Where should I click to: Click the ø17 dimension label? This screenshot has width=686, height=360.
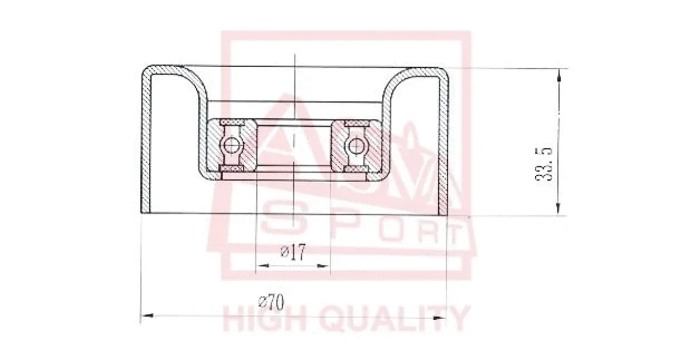coord(293,252)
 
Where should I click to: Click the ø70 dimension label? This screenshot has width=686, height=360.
coord(271,302)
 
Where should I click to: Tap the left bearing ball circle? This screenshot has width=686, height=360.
coord(232,144)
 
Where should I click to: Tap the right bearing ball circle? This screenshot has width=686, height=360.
coord(356,146)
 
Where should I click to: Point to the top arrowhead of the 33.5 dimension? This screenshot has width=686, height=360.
coord(559,75)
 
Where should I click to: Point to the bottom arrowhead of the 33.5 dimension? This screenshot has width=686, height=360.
coord(558,209)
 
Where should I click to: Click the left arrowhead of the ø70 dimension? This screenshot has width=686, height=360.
coord(147,315)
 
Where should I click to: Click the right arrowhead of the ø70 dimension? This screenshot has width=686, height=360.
coord(440,318)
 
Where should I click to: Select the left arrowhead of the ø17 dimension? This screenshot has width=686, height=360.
coord(262,265)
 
